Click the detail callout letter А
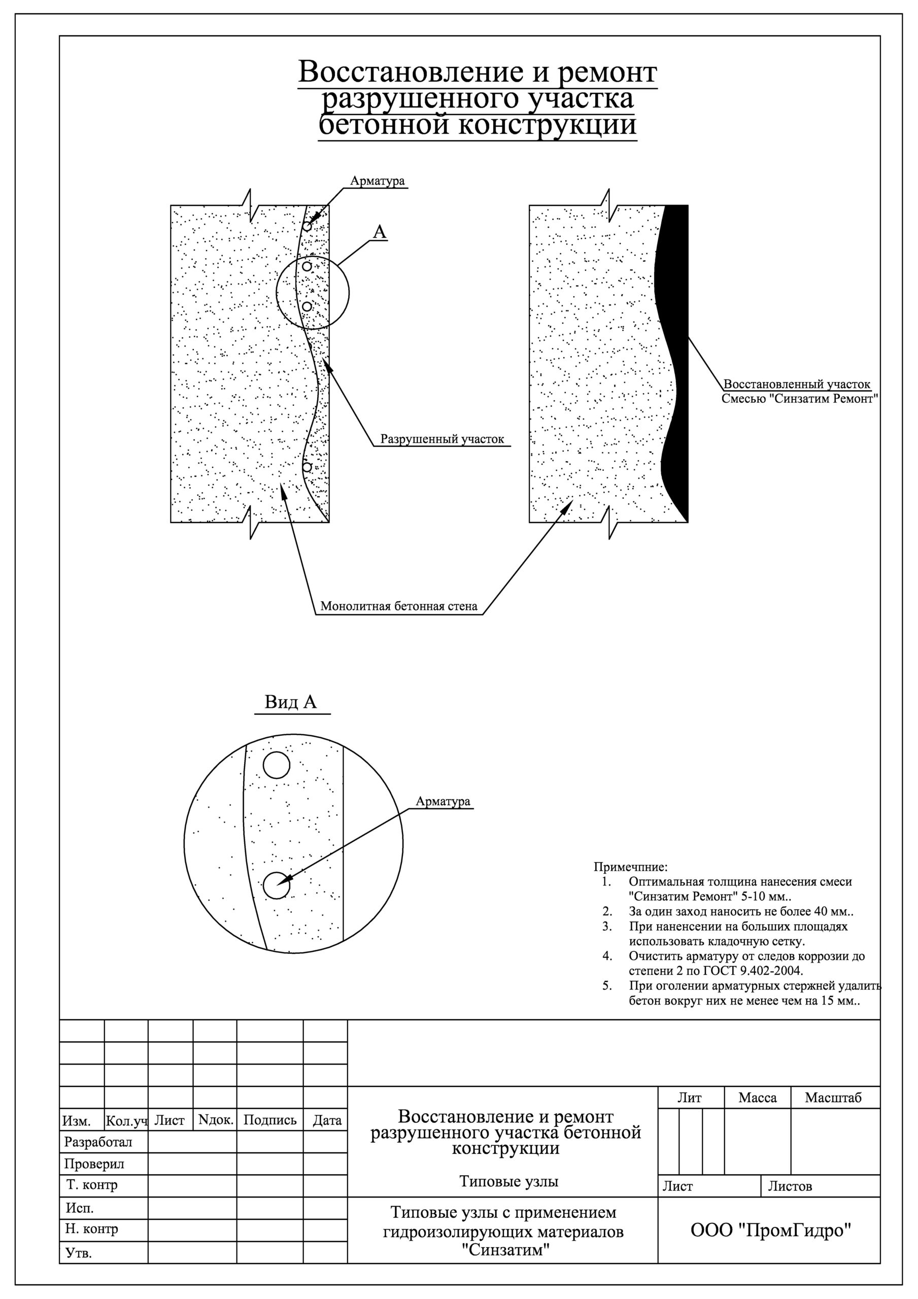coord(380,232)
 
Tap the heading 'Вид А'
coord(291,702)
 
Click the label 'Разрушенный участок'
coord(442,439)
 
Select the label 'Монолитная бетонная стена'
coord(399,606)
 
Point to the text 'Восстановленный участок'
coord(797,385)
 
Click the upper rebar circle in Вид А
coord(277,766)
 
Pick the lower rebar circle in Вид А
coord(277,885)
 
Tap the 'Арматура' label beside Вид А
coord(443,802)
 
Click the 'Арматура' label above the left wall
coord(378,181)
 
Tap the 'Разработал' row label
coord(98,1142)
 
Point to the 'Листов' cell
coord(790,1186)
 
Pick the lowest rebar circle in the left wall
coord(307,467)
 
